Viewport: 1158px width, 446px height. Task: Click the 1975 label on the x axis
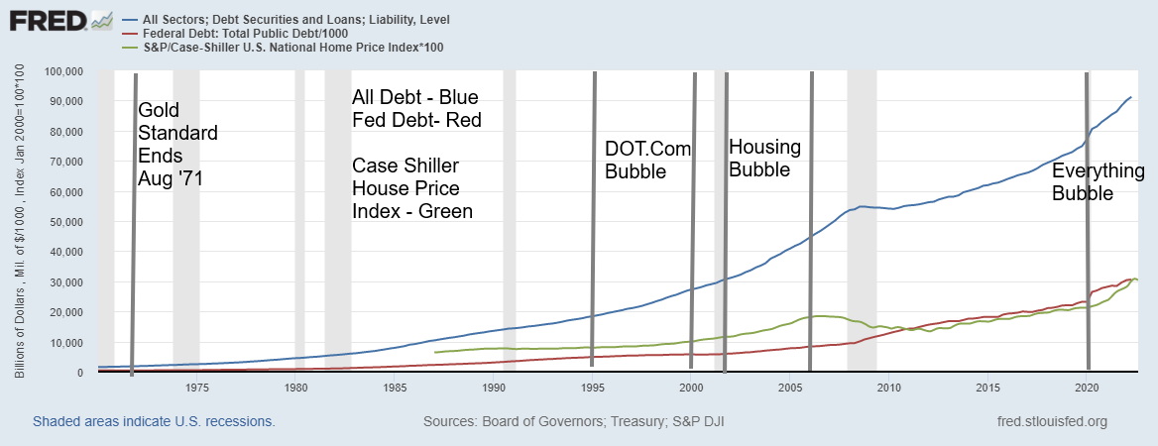point(196,388)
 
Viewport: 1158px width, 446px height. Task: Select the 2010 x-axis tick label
point(889,388)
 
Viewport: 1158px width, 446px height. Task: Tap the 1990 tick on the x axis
point(494,388)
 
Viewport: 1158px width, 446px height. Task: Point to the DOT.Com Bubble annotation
point(647,160)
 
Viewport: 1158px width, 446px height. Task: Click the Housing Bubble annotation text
point(764,158)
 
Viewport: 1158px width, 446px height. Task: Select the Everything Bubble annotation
point(1098,182)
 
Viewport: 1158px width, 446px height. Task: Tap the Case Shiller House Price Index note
point(411,188)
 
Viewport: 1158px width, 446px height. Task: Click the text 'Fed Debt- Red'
point(416,121)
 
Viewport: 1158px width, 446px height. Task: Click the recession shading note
point(153,421)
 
